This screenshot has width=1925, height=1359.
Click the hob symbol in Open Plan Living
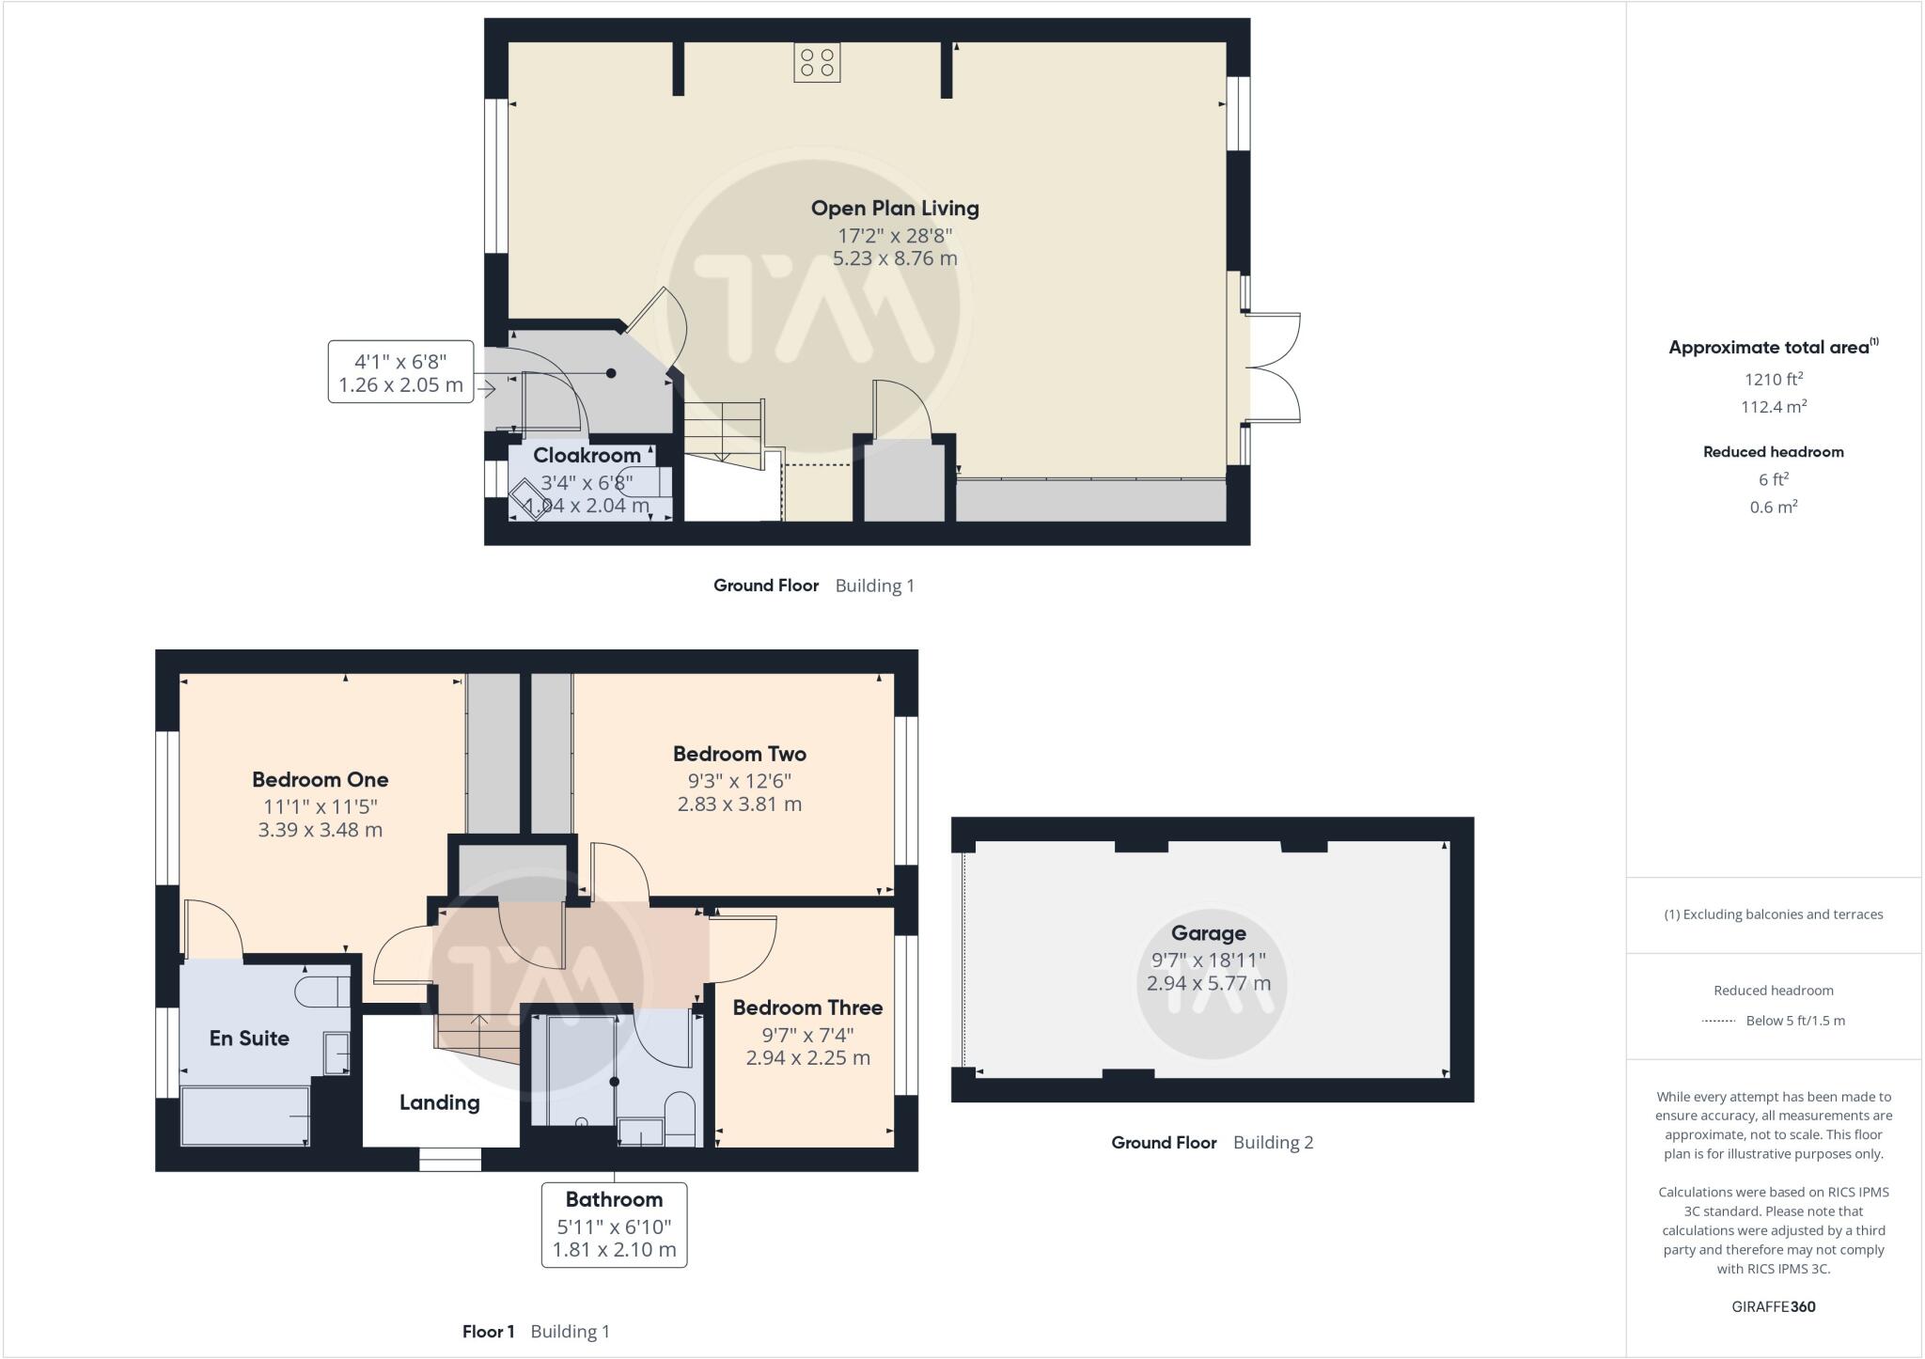pos(816,63)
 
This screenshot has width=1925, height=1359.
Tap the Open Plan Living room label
pos(895,209)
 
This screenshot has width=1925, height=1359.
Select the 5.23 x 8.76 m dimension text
pos(895,258)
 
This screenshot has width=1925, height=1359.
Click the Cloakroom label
pos(587,456)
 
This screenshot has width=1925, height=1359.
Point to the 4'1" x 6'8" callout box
pos(400,372)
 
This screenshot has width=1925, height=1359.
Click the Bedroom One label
pos(320,779)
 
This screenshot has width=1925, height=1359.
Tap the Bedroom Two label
pos(739,754)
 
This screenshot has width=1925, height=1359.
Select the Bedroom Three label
pos(807,1008)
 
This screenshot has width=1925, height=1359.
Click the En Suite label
pos(249,1039)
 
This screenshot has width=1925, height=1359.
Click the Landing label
pos(439,1102)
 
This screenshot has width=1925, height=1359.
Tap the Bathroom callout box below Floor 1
pos(614,1225)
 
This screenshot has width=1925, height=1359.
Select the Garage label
pos(1208,933)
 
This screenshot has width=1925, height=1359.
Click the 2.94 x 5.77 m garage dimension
pos(1208,984)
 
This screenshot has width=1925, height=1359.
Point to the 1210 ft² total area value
pos(1773,380)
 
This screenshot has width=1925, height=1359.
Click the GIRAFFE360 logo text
pos(1773,1306)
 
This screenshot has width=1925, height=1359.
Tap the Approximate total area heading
pos(1773,347)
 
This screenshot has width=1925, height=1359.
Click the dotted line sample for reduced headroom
pos(1717,1021)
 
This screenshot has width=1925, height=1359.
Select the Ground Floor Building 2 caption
pos(1212,1143)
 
